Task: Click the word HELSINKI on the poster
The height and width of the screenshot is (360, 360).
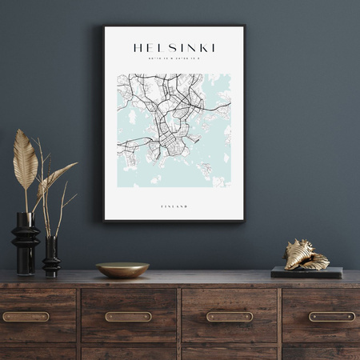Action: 174,48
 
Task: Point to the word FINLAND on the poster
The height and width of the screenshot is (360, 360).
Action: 174,206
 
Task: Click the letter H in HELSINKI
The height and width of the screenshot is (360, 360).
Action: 138,48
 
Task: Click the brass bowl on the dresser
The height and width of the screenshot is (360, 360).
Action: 122,270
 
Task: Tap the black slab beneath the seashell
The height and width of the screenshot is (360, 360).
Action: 306,273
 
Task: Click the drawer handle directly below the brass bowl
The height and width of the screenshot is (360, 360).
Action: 128,317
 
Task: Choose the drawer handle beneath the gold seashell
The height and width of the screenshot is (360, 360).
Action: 331,317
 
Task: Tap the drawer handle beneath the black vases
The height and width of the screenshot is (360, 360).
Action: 26,317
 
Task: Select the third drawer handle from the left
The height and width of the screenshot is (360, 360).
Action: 230,317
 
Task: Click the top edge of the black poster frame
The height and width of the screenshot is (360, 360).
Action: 174,27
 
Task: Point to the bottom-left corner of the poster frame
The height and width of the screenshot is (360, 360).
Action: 104,220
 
